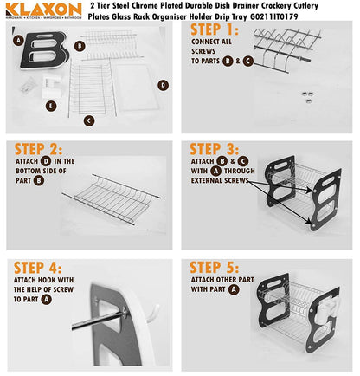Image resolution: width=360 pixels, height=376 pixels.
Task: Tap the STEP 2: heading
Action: coord(39,148)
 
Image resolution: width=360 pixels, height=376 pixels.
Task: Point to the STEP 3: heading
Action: coord(213,149)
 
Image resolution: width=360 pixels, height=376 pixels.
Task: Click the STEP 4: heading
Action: coord(39,267)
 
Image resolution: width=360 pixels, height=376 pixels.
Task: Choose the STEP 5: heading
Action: coord(213,267)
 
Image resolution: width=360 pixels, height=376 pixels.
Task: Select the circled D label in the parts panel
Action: coord(162,84)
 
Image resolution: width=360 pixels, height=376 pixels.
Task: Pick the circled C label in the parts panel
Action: coord(88,121)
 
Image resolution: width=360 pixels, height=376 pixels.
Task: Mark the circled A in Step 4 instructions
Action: coord(46,299)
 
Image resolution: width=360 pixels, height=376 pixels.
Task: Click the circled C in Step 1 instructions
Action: coord(247,62)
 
